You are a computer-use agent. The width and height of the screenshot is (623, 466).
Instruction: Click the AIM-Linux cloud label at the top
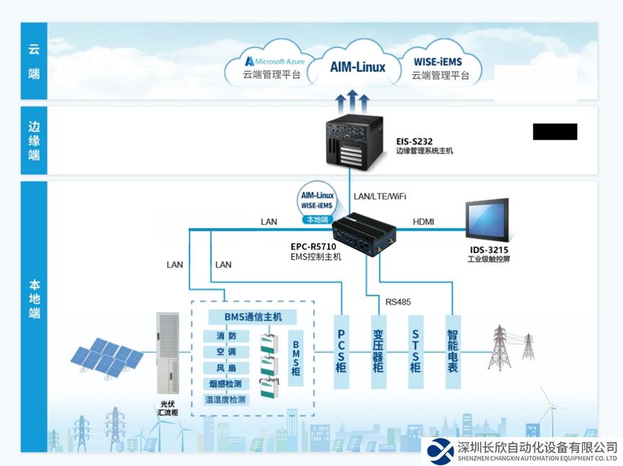coord(358,67)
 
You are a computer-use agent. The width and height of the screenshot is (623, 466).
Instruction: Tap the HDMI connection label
coord(423,221)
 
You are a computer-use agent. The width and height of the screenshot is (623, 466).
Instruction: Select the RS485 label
coord(399,302)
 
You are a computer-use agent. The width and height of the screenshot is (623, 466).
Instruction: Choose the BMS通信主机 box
coord(244,317)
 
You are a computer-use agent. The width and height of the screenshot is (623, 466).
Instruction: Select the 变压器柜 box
coord(378,351)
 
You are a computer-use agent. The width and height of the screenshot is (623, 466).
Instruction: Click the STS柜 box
coord(415,351)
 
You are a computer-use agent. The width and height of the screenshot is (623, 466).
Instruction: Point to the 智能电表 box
coord(452,351)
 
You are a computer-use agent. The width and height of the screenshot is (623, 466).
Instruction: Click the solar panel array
coord(107,357)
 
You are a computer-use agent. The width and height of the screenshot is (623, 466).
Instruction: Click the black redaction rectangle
coord(554,131)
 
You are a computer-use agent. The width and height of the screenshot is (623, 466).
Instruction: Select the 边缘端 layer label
coord(34,141)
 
